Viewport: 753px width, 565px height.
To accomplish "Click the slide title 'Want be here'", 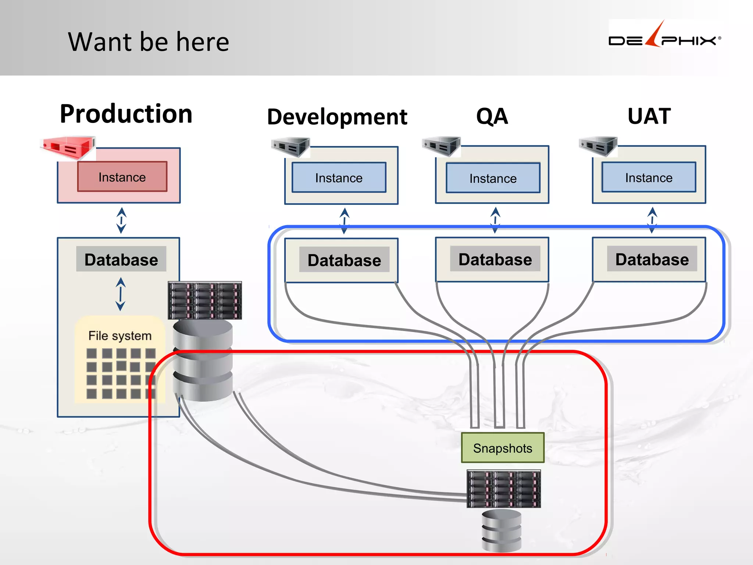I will click(149, 42).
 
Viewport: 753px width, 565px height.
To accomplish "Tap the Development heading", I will click(337, 117).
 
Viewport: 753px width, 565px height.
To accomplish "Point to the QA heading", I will click(492, 116).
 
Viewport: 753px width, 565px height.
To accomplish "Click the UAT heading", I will click(649, 116).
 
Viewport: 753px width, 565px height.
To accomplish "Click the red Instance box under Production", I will click(122, 177).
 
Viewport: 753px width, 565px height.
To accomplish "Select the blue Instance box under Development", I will click(339, 178).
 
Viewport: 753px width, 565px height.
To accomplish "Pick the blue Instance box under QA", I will click(493, 178).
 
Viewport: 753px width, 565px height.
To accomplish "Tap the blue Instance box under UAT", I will click(649, 177).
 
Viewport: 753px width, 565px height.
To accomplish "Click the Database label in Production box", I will click(121, 259).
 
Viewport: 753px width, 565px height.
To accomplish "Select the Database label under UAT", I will click(652, 259).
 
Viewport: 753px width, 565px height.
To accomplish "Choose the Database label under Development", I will click(344, 260).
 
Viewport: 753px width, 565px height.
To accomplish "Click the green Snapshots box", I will click(502, 448).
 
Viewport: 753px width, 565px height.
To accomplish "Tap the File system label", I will click(120, 335).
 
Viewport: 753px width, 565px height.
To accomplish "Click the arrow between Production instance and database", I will click(121, 220).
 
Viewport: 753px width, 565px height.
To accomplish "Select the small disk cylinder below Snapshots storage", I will click(502, 530).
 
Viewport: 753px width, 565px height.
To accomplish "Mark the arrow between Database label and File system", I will click(120, 294).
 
